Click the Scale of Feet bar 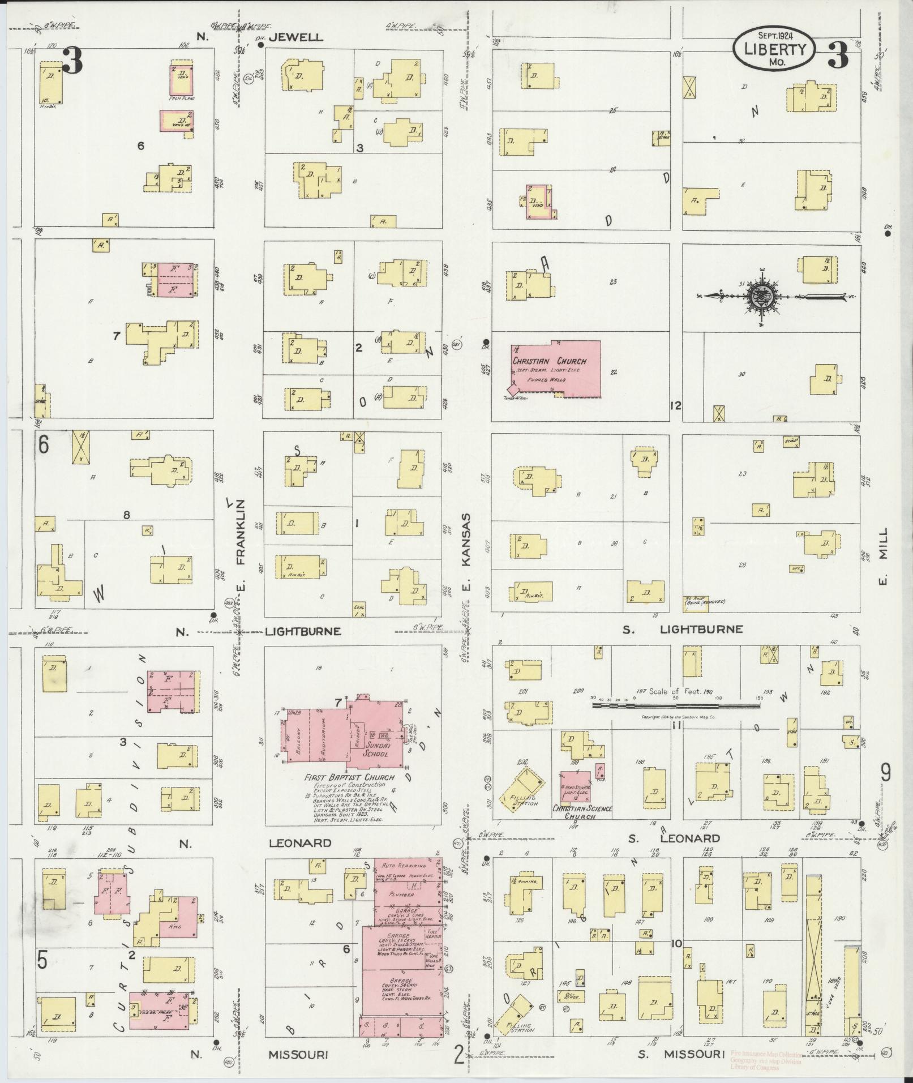point(676,705)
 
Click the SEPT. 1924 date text point(774,35)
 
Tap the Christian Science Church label point(582,812)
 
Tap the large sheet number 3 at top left point(73,61)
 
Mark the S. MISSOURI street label point(681,1054)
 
